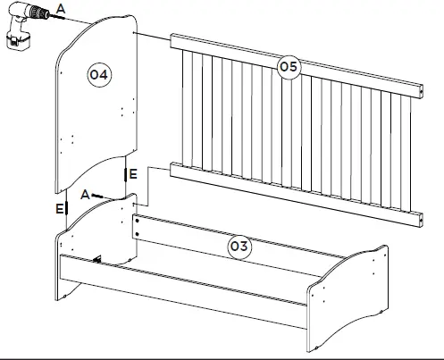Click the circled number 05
pyautogui.click(x=288, y=66)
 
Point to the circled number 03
pyautogui.click(x=239, y=245)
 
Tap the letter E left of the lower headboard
pyautogui.click(x=59, y=208)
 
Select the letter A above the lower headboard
pyautogui.click(x=84, y=194)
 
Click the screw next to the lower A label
pyautogui.click(x=100, y=195)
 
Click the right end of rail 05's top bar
pyautogui.click(x=417, y=88)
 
